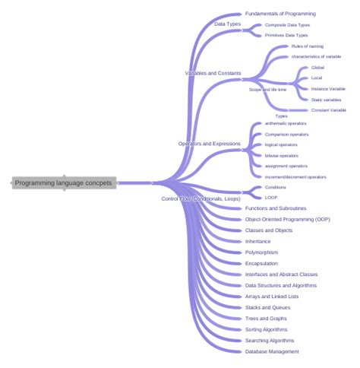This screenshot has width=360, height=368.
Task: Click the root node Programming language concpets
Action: pos(64,182)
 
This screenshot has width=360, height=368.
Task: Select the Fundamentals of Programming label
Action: pos(280,14)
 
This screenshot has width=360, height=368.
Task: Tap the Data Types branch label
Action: pos(228,24)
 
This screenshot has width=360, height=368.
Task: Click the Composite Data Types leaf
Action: pos(287,24)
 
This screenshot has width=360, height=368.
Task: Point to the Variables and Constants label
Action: pos(213,74)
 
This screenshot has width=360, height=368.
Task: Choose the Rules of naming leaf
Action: pos(307,46)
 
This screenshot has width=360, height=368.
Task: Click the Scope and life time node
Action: pos(268,89)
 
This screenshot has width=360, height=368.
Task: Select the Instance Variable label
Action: pos(328,89)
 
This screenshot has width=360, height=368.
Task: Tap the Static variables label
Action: pos(327,100)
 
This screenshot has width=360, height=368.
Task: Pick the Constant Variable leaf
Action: pos(329,110)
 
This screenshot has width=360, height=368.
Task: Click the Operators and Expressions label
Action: pos(210,143)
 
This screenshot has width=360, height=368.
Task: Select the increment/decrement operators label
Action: pos(296,176)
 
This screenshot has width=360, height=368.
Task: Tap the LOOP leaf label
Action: pos(271,197)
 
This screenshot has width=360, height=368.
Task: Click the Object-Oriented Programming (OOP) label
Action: pos(283,219)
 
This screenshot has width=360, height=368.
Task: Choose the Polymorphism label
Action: pos(261,252)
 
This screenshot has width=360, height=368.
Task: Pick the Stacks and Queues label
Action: pos(267,307)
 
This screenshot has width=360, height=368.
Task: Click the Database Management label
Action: pos(272,351)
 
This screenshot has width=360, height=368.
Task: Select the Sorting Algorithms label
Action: pos(267,329)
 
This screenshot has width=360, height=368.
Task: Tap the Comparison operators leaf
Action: pos(287,134)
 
